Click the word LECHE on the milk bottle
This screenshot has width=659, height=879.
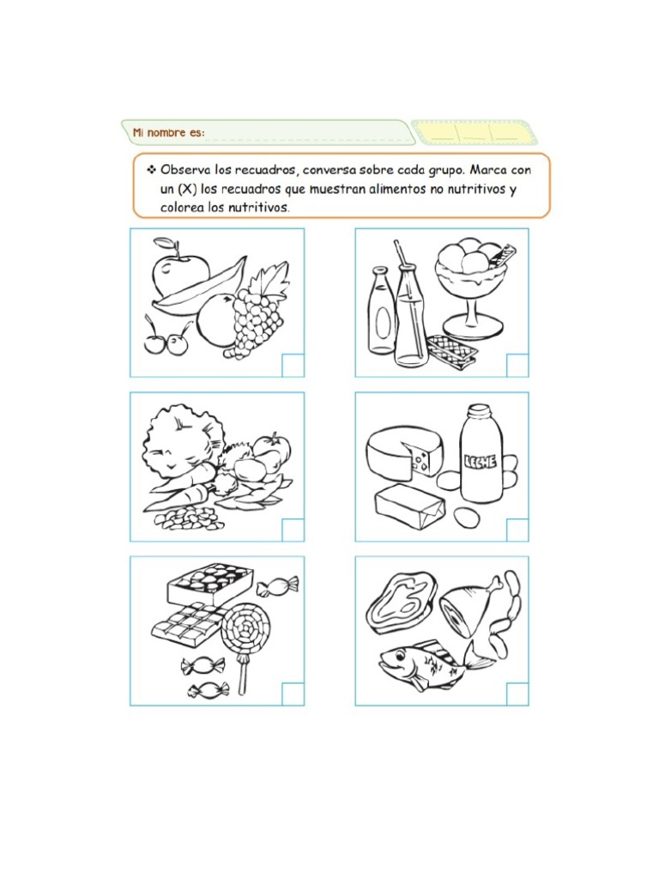click(481, 461)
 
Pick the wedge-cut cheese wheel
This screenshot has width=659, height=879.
click(403, 453)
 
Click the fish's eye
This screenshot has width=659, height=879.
click(399, 654)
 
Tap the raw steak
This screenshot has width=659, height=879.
click(402, 603)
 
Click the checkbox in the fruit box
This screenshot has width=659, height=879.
click(293, 366)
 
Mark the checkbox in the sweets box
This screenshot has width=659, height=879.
click(293, 694)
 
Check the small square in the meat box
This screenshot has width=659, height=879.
click(517, 694)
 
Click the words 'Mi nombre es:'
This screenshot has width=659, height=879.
click(169, 133)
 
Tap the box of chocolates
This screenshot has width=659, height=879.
click(209, 583)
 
